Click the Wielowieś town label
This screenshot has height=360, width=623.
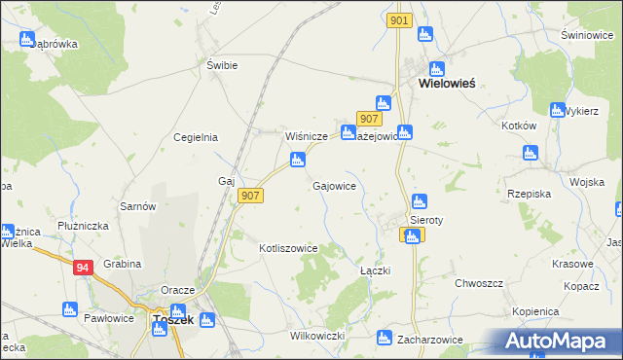pyautogui.click(x=446, y=84)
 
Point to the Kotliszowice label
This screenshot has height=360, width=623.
pyautogui.click(x=289, y=248)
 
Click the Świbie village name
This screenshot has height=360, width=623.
pyautogui.click(x=222, y=65)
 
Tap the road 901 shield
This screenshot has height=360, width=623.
pyautogui.click(x=399, y=20)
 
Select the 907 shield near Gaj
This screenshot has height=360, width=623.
pyautogui.click(x=250, y=196)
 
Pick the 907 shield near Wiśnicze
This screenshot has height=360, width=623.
pyautogui.click(x=368, y=119)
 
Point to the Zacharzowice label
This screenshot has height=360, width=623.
pyautogui.click(x=429, y=340)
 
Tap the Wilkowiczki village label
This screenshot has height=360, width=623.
pyautogui.click(x=318, y=336)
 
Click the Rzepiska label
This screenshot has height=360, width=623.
pyautogui.click(x=531, y=194)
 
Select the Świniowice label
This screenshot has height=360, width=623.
pyautogui.click(x=585, y=35)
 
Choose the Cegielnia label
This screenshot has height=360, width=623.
pyautogui.click(x=195, y=137)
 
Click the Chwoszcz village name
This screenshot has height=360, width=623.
pyautogui.click(x=478, y=283)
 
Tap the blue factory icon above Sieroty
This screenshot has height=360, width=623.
pyautogui.click(x=420, y=201)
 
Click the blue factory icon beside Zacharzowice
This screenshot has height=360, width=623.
pyautogui.click(x=384, y=339)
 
